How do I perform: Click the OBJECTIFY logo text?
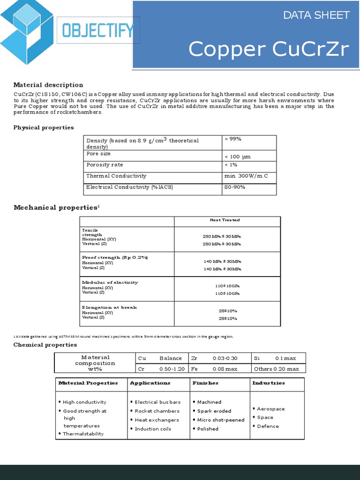pyautogui.click(x=97, y=31)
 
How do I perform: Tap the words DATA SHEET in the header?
pyautogui.click(x=316, y=15)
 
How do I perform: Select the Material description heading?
pyautogui.click(x=48, y=85)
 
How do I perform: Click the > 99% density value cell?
pyautogui.click(x=233, y=139)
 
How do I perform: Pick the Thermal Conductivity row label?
pyautogui.click(x=116, y=176)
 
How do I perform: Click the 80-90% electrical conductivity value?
pyautogui.click(x=235, y=187)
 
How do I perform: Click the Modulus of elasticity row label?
pyautogui.click(x=110, y=282)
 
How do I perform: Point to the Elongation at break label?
pyautogui.click(x=109, y=307)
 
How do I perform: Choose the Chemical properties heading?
pyautogui.click(x=45, y=345)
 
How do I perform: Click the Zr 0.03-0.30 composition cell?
pyautogui.click(x=214, y=358)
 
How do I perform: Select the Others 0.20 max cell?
pyautogui.click(x=276, y=369)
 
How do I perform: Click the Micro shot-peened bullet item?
pyautogui.click(x=220, y=420)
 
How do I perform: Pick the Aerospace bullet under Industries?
pyautogui.click(x=270, y=409)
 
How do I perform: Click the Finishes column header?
pyautogui.click(x=205, y=383)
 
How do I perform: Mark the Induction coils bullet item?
pyautogui.click(x=153, y=429)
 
